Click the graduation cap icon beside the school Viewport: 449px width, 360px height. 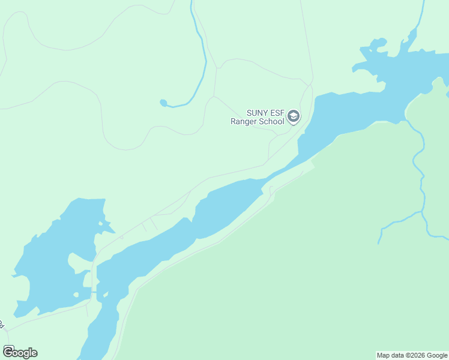point(294,116)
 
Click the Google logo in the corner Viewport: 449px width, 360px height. point(20,352)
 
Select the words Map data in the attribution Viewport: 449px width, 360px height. point(389,355)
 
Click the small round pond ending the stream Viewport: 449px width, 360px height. point(163,103)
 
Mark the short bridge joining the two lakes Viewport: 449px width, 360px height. point(93,290)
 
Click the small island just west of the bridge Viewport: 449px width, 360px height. point(77,295)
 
